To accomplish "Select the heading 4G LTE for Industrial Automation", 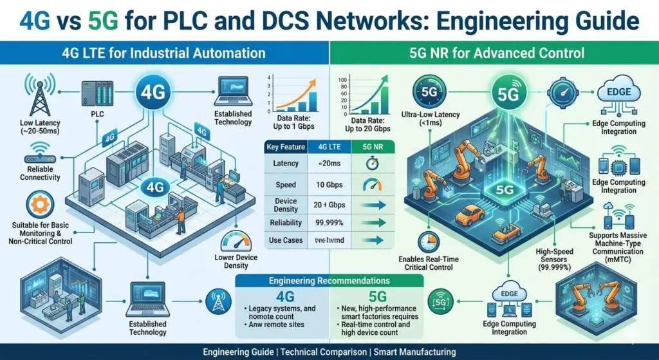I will point(164,52).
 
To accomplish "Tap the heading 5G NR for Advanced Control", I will point(494,52).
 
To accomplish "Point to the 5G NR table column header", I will point(365,147).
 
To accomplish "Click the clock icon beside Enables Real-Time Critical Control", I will point(427,242).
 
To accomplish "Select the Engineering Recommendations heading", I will point(329,281).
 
